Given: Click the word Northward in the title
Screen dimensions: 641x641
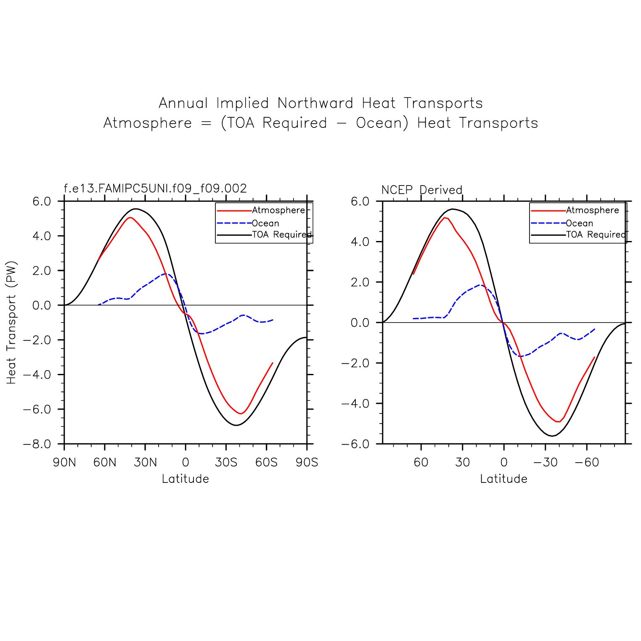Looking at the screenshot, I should (x=315, y=103).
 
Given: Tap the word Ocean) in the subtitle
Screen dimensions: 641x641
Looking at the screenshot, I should (x=382, y=123).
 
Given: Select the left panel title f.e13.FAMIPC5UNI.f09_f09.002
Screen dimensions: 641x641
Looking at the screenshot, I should (x=155, y=188).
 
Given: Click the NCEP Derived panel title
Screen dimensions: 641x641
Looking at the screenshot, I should (x=421, y=190).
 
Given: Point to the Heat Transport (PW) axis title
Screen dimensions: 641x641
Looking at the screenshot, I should (x=11, y=323).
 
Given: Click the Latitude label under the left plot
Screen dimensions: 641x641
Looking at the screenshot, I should (x=185, y=479).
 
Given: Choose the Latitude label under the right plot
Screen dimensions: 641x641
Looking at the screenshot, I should (x=503, y=479).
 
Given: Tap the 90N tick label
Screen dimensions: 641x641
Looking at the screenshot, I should (x=64, y=463).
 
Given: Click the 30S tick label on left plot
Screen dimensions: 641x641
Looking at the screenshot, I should (x=226, y=463).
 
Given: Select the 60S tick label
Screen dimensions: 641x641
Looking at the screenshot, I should (x=267, y=463).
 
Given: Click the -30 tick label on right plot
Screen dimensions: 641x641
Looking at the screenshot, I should (x=545, y=463).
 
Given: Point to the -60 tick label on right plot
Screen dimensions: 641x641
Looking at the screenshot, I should (x=586, y=463).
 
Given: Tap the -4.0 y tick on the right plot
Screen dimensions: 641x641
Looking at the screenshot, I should (x=355, y=404).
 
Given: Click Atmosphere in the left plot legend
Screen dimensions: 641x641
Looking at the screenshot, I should (x=278, y=210).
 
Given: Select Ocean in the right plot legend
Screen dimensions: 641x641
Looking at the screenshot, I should (x=579, y=223).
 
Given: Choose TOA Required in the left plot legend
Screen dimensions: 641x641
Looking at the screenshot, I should (x=282, y=235).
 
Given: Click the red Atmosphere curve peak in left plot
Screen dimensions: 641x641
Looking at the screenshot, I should (x=130, y=217).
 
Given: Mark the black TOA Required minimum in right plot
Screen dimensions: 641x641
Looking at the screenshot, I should (x=552, y=436).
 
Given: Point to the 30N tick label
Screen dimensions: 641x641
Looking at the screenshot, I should (x=146, y=463).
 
